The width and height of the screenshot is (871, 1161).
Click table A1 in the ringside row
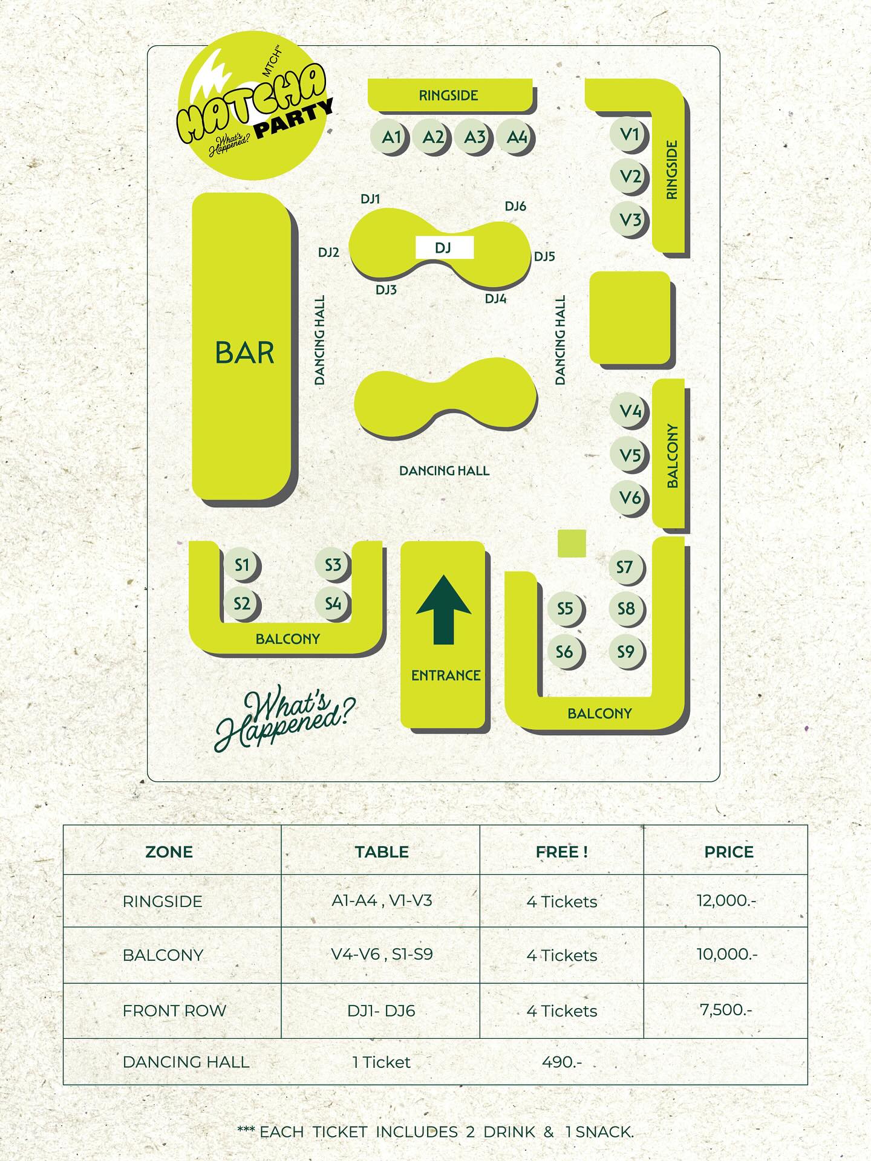pos(391,137)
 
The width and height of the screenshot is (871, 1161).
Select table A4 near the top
pos(517,137)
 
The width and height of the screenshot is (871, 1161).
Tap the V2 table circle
pos(630,177)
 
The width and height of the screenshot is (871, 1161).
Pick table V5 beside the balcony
pos(630,455)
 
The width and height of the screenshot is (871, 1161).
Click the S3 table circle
pos(333,565)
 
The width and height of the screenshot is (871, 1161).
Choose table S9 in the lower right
pos(625,652)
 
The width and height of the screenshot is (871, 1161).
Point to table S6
pos(564,652)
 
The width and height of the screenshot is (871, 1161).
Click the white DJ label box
pos(444,247)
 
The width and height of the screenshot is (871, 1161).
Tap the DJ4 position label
pos(495,299)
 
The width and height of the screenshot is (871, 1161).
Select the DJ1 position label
pos(370,199)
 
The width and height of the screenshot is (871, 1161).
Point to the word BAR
pos(245,353)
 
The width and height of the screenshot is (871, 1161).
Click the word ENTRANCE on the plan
pos(446,675)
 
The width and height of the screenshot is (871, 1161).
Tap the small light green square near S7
pos(572,543)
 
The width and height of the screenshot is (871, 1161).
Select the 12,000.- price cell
pos(726,900)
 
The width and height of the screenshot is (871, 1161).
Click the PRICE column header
pos(729,852)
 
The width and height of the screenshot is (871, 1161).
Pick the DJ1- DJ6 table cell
pos(381,1010)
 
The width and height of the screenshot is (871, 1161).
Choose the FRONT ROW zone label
pos(174,1010)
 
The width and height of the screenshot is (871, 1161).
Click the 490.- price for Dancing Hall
pos(562,1062)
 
